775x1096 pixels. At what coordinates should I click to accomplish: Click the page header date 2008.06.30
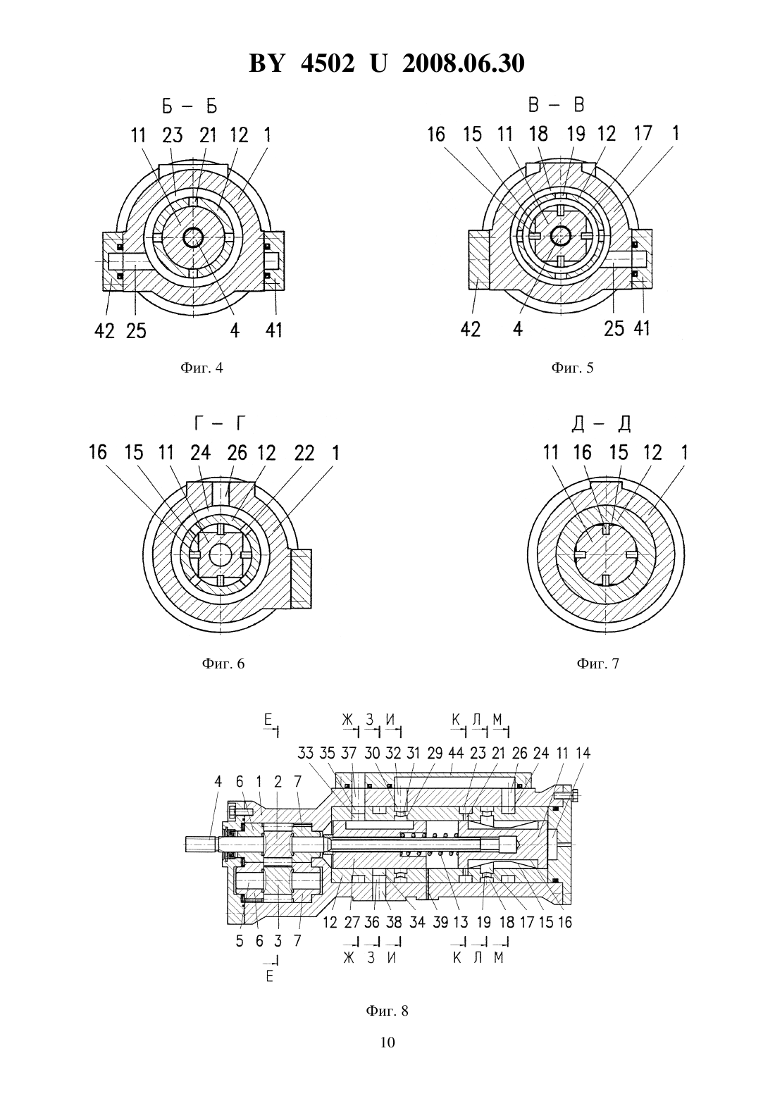[x=464, y=63]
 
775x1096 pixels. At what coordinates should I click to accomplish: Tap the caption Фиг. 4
[x=201, y=368]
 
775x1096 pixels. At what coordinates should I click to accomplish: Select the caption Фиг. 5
[x=572, y=368]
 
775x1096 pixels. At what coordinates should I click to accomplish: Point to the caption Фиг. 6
[x=223, y=664]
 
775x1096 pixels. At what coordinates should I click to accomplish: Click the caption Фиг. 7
[x=598, y=664]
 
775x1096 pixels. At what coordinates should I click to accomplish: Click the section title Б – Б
[x=190, y=106]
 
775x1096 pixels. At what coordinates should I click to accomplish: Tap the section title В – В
[x=557, y=105]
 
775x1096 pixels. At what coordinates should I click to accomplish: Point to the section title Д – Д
[x=601, y=423]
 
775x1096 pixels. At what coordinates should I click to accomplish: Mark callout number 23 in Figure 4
[x=172, y=135]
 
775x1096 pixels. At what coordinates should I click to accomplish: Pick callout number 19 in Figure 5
[x=576, y=134]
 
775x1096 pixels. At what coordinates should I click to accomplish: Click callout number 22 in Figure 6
[x=304, y=453]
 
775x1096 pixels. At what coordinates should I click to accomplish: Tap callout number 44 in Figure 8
[x=456, y=753]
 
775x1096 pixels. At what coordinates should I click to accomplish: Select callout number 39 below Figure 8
[x=440, y=922]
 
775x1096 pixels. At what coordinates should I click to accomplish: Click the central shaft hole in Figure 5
[x=560, y=237]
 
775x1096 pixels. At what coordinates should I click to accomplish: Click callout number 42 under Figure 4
[x=104, y=331]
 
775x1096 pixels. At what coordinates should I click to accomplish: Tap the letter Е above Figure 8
[x=268, y=719]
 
